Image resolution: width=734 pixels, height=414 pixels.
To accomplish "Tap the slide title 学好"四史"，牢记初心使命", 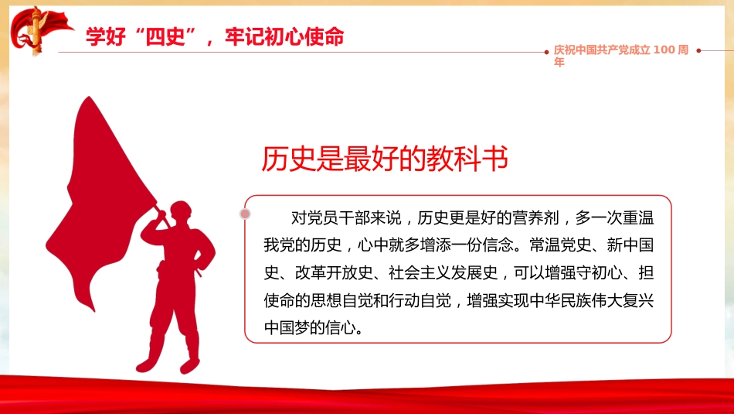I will (x=215, y=36).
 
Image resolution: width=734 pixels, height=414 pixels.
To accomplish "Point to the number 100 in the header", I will (x=664, y=50).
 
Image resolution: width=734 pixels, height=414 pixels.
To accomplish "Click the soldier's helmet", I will (x=179, y=208).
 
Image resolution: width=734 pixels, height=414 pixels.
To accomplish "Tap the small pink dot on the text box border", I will (x=246, y=213).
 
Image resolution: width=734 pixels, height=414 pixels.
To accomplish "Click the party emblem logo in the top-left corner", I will (x=35, y=29).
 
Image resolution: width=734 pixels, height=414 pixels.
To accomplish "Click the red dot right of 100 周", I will (x=698, y=50).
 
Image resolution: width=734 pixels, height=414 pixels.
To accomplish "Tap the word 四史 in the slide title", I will (x=168, y=36).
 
